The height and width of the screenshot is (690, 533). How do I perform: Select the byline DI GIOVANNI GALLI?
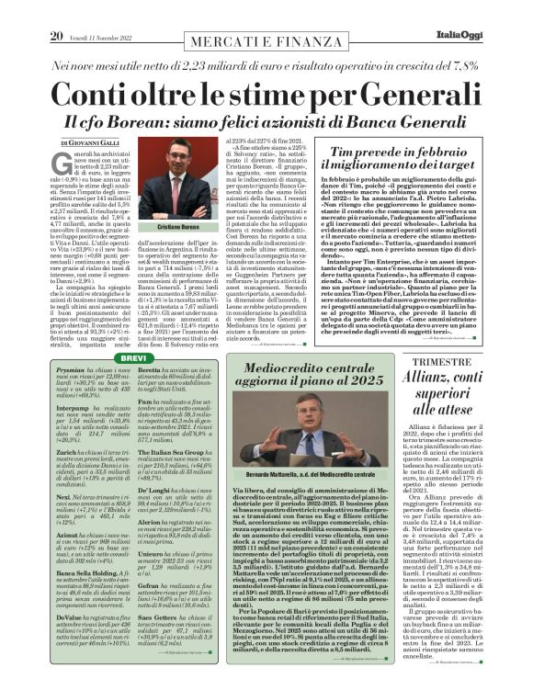(x=92, y=144)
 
